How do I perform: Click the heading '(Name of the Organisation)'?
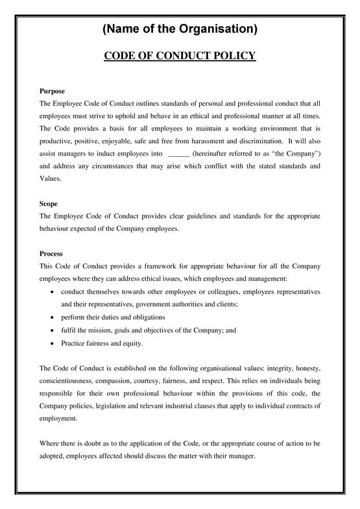pos(180,29)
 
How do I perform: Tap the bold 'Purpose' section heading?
pos(52,91)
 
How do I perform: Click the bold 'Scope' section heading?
pos(49,204)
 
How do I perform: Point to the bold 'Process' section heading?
pos(51,254)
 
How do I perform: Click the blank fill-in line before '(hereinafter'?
pos(178,154)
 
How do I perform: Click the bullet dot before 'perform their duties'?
pos(52,318)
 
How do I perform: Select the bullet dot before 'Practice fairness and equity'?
pos(52,343)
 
